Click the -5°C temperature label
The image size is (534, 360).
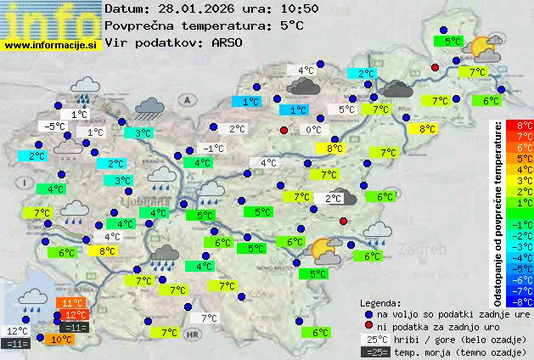pyautogui.click(x=55, y=127)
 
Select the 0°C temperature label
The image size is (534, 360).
pyautogui.click(x=313, y=130)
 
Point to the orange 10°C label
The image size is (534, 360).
pyautogui.click(x=61, y=340)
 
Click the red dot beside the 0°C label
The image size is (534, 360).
pyautogui.click(x=284, y=130)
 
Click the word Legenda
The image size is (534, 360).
pyautogui.click(x=380, y=303)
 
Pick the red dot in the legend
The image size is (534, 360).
pyautogui.click(x=368, y=326)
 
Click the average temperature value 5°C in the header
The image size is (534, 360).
pyautogui.click(x=291, y=25)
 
